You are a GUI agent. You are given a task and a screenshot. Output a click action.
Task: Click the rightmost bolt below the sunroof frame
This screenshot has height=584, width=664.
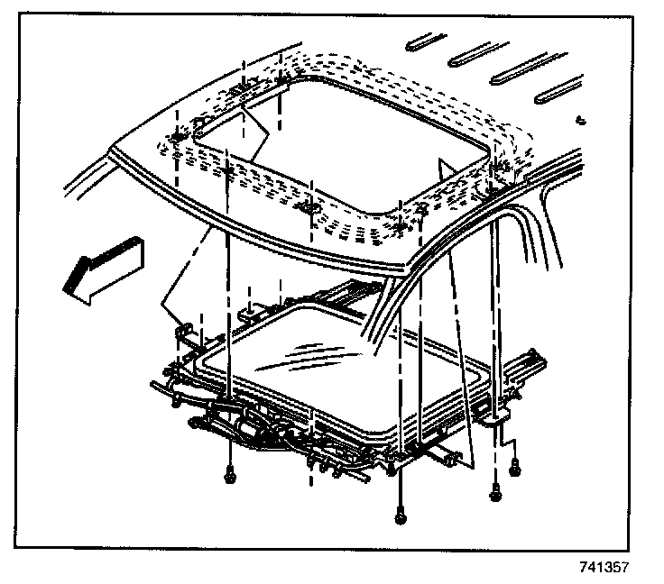pos(515,468)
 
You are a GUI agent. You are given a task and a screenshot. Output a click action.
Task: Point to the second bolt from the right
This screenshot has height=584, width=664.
pos(495,492)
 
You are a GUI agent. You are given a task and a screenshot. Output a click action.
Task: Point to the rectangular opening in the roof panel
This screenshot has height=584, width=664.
pos(352,135)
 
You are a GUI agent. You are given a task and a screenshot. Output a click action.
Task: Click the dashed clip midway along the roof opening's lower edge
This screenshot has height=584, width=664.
pos(311,208)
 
